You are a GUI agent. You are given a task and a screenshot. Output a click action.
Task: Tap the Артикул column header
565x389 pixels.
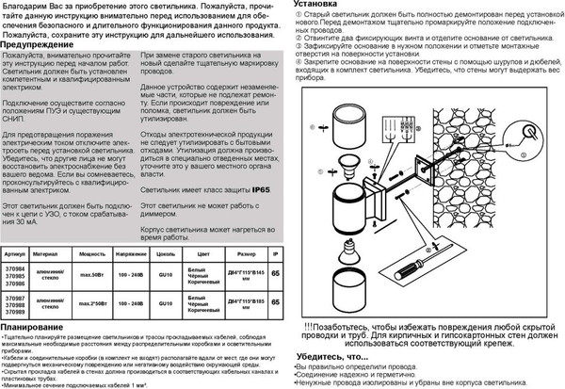(14, 253)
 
